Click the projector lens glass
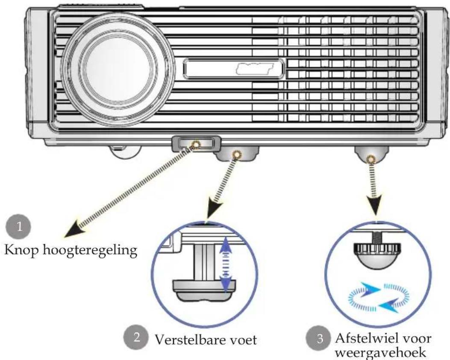click(118, 71)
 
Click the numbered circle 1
click(18, 227)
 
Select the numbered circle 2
click(136, 337)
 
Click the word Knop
click(21, 250)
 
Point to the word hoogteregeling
click(90, 250)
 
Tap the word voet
click(242, 340)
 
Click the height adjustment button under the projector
click(196, 144)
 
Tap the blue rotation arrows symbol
click(379, 298)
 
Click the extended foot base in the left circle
click(204, 290)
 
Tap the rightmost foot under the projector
click(371, 155)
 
